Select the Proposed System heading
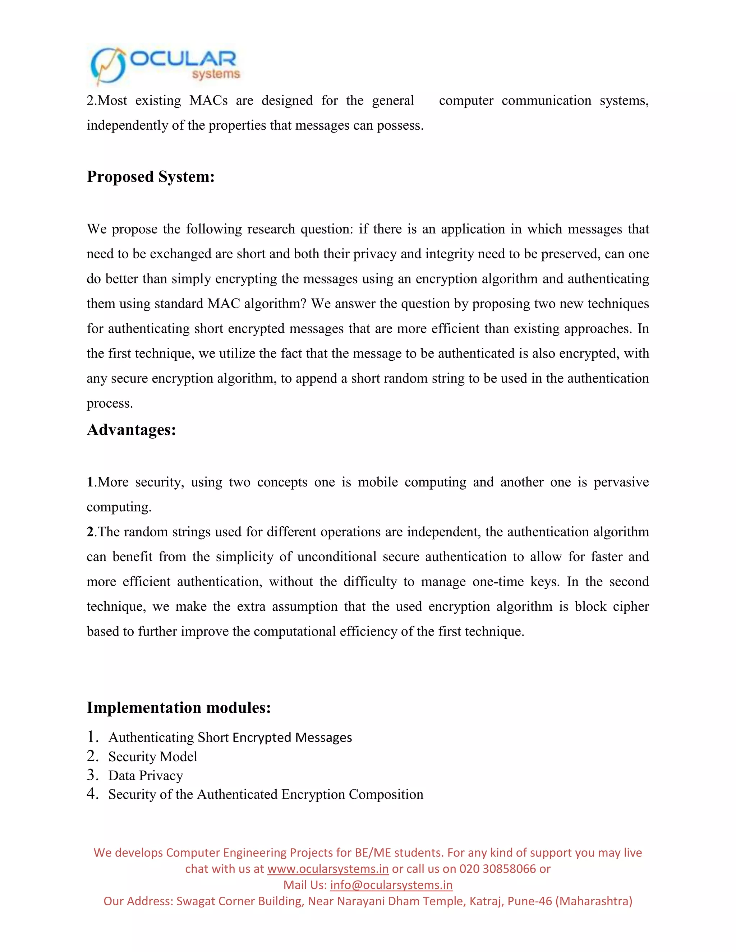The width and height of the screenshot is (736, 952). (151, 176)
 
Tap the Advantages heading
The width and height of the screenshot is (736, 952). (131, 430)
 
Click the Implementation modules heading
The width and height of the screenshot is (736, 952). (179, 707)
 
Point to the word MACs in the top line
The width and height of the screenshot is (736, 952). (208, 101)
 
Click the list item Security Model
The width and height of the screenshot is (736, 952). (153, 756)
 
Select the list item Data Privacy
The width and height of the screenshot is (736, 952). (146, 776)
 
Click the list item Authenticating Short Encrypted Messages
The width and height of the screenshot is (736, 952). (230, 737)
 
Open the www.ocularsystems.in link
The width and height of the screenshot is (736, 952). (327, 869)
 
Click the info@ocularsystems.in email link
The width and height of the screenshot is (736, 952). (391, 885)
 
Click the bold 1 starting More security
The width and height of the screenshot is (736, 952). (90, 482)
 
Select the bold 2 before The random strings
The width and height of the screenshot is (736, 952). (90, 532)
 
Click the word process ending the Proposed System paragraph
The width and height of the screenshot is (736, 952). (109, 403)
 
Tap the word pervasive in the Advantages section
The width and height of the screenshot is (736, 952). (621, 482)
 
